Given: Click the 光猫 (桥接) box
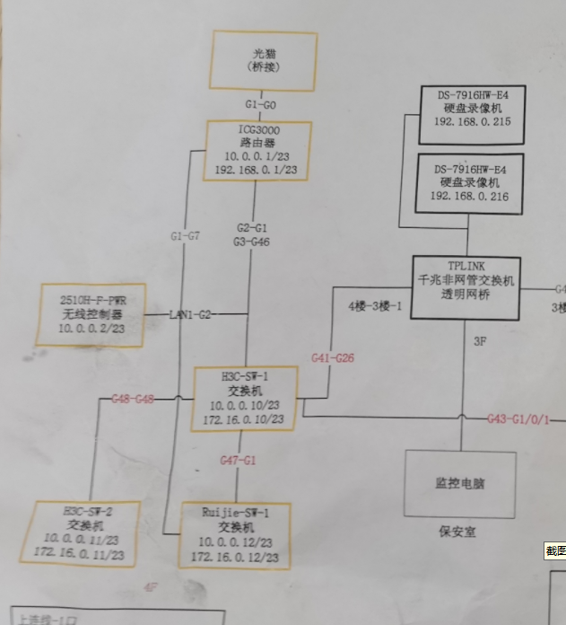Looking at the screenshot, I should coord(263,60).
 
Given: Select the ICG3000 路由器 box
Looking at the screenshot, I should coord(259,150).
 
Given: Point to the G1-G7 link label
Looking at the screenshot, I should coord(185,236).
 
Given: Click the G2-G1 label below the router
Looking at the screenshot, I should coord(252,228).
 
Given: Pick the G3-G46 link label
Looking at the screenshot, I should coord(252,242).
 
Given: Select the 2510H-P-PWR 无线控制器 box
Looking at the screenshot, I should coord(92,314).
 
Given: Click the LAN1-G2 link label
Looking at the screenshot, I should coord(191,314).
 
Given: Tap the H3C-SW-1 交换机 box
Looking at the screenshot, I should coord(246,398).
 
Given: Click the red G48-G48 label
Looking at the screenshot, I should coord(132,398).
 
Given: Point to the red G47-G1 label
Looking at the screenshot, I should coord(239,460).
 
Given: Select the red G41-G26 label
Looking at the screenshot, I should coord(333,357).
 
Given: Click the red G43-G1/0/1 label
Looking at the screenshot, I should coord(518,418).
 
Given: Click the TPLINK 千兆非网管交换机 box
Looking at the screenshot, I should coord(466,287).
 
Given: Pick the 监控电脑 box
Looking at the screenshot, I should coord(460,483).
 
